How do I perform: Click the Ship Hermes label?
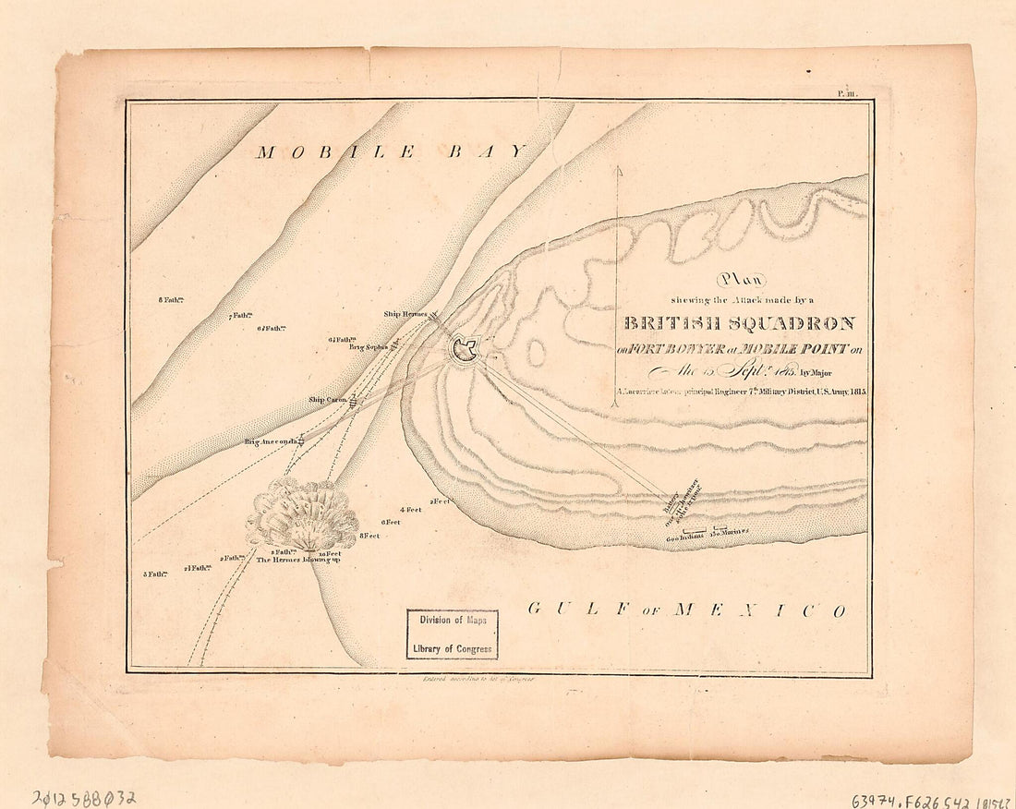[x=405, y=314]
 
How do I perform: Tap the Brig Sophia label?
[x=369, y=347]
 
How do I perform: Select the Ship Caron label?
[x=327, y=400]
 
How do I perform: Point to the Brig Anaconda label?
[x=271, y=442]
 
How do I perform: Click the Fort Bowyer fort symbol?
[x=464, y=350]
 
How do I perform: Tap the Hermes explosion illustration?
[x=302, y=514]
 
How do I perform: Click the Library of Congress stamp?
[x=453, y=634]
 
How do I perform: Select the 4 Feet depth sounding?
[x=410, y=510]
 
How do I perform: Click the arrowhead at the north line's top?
[x=617, y=171]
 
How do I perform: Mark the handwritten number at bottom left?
[x=83, y=796]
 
